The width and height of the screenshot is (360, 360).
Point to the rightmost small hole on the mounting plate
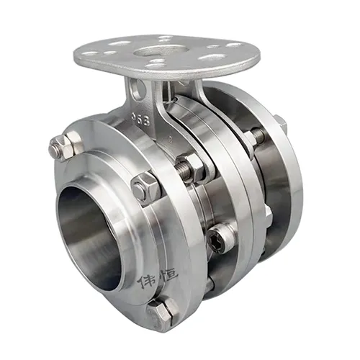point(234,45)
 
